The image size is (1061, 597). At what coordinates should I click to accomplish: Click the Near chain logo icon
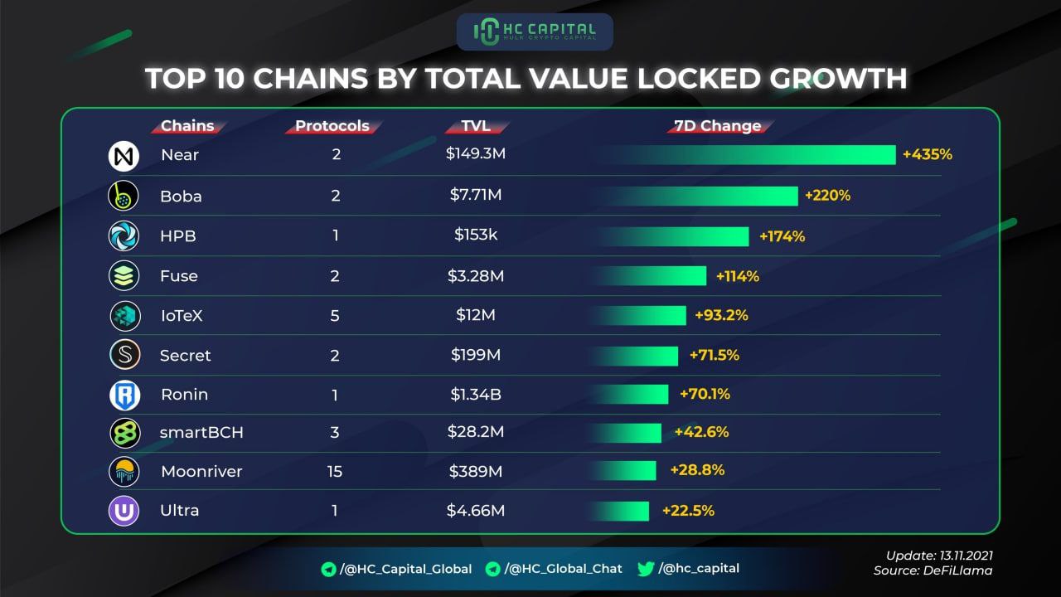124,155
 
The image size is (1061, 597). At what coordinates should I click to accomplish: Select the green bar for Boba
696,196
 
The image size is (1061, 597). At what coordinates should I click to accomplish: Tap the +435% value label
928,154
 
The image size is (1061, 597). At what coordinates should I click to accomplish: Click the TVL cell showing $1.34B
476,395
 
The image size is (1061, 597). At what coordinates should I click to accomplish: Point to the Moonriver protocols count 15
335,471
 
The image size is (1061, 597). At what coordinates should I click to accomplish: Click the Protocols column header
332,126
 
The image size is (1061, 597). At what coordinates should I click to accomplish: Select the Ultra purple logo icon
124,510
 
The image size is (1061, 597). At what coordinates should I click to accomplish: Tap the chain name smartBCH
201,432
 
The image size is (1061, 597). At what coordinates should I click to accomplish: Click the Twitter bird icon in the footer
646,569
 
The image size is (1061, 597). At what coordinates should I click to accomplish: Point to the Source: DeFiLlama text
933,570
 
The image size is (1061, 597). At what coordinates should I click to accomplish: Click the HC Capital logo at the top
535,32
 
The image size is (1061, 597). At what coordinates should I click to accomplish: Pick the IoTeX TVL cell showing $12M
476,315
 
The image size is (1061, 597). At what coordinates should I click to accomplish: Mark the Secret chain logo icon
124,355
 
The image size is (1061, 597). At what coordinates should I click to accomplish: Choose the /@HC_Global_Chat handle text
563,569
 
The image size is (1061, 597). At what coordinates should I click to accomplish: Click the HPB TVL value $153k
476,235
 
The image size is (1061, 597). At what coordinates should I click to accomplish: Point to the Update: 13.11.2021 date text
938,555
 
